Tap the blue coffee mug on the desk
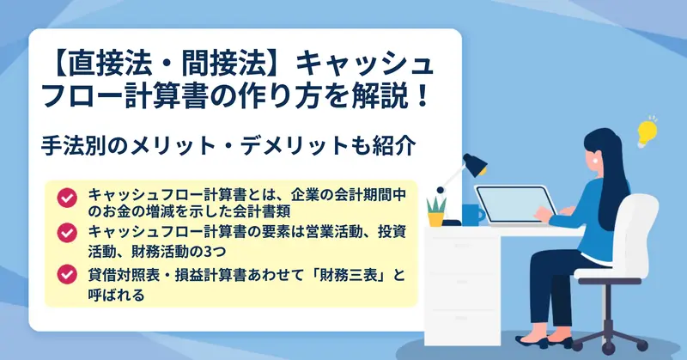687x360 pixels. click(x=472, y=215)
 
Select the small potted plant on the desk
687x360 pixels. click(x=436, y=211)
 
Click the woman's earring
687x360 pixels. click(x=595, y=160)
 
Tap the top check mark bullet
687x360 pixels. click(x=67, y=198)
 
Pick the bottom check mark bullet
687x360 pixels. click(x=67, y=274)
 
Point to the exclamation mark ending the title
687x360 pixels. click(x=422, y=96)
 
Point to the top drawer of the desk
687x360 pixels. click(x=462, y=254)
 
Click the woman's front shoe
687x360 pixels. click(x=532, y=342)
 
